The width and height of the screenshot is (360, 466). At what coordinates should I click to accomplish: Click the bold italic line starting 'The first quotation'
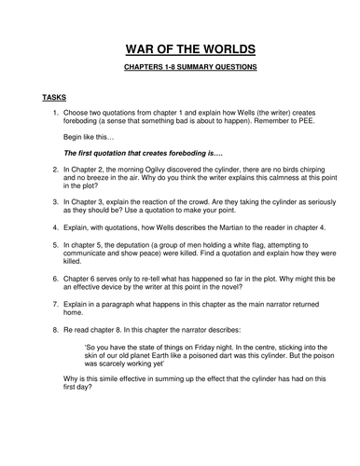tap(132, 150)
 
